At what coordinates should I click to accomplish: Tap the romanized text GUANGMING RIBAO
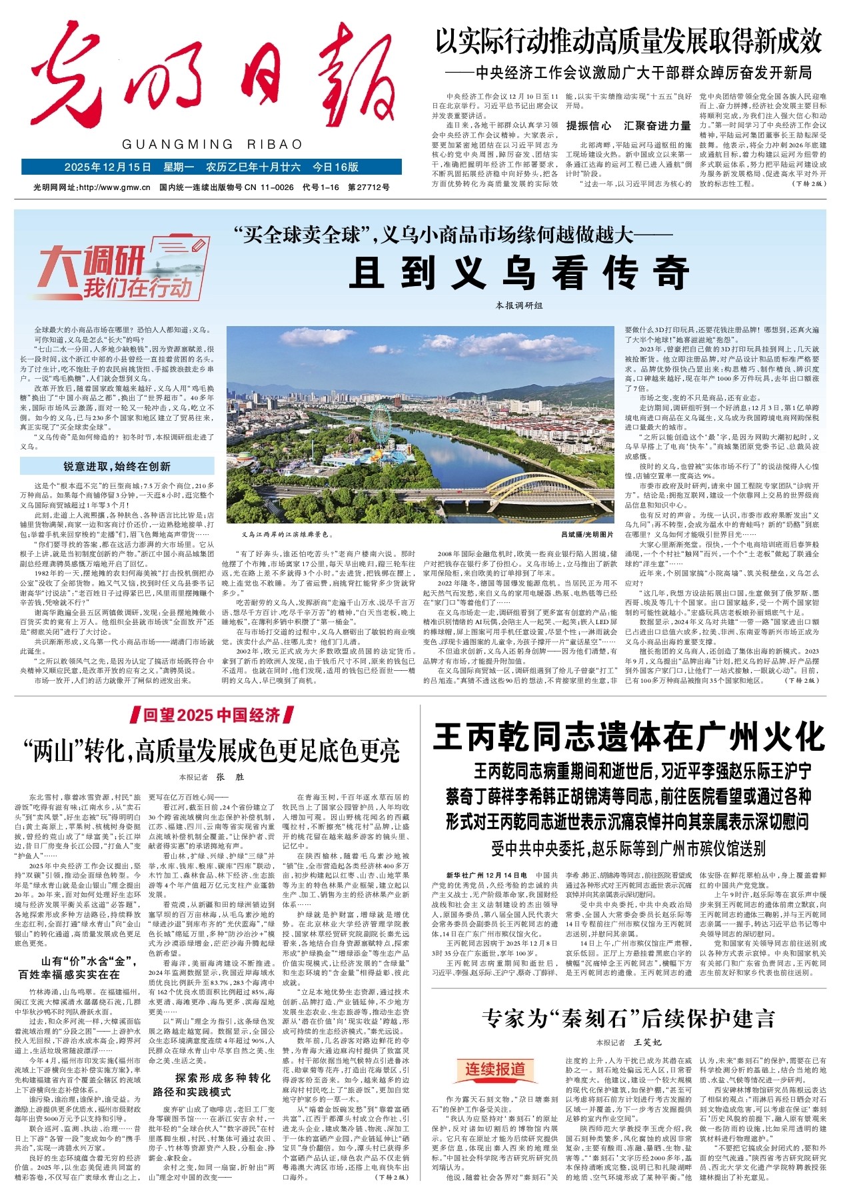coord(212,145)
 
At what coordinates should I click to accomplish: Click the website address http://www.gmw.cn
coord(114,187)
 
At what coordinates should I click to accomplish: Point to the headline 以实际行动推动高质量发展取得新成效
coord(628,41)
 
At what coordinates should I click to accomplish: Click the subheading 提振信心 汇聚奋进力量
coord(628,125)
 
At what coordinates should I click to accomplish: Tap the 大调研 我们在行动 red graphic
coord(113,273)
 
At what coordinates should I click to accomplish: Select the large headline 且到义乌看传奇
coord(518,272)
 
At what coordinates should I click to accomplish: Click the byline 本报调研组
coord(519,305)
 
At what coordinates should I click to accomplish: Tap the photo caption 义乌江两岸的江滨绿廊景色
coord(288,534)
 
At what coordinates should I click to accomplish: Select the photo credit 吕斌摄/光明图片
coord(586,534)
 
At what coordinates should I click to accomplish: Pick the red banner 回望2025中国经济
coord(212,716)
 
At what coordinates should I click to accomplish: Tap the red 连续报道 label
coord(494,1068)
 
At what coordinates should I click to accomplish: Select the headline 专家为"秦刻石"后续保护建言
coord(628,1018)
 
